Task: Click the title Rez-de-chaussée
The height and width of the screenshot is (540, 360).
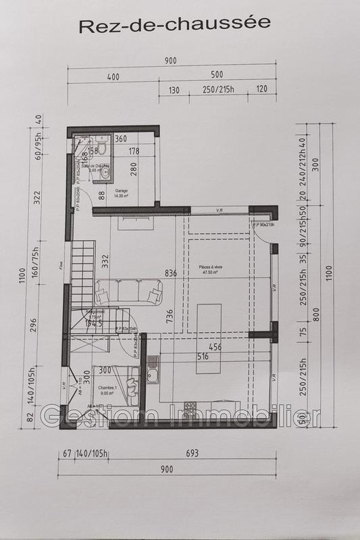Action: pos(175,25)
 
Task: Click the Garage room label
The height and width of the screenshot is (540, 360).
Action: pos(122,192)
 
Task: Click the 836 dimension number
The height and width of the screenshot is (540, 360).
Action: pos(172,273)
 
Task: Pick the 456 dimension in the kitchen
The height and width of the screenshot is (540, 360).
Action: pos(216,347)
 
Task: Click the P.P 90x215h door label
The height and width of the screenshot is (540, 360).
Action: pos(264,224)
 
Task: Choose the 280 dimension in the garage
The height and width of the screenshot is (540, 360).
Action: pos(134,169)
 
